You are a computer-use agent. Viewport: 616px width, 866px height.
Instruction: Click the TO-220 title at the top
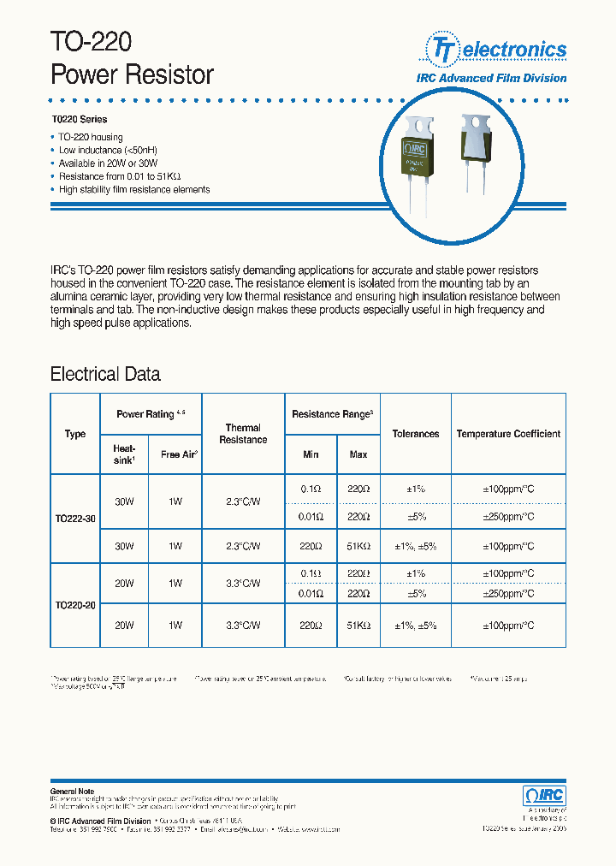click(92, 43)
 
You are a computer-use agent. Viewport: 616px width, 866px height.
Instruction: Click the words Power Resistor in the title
click(132, 75)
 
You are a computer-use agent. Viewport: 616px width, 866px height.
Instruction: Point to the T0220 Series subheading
click(79, 120)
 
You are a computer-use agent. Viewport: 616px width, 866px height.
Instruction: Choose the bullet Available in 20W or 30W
click(108, 163)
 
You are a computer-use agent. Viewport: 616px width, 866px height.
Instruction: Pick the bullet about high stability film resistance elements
click(133, 190)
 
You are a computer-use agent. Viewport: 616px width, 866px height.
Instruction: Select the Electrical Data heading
click(105, 374)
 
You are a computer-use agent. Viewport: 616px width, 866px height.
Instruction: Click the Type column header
click(75, 434)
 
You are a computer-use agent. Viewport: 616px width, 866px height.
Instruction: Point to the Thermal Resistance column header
click(243, 434)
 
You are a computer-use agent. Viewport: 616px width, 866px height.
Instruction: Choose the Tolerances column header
click(416, 434)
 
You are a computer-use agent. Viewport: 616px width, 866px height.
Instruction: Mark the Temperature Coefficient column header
click(508, 434)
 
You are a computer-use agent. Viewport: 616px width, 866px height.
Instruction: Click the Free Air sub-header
click(178, 454)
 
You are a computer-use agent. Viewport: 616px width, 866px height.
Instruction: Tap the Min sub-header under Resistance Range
click(311, 454)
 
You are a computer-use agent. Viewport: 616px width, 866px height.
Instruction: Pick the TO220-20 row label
click(75, 605)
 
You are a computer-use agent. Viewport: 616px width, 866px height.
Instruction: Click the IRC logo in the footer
click(544, 795)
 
